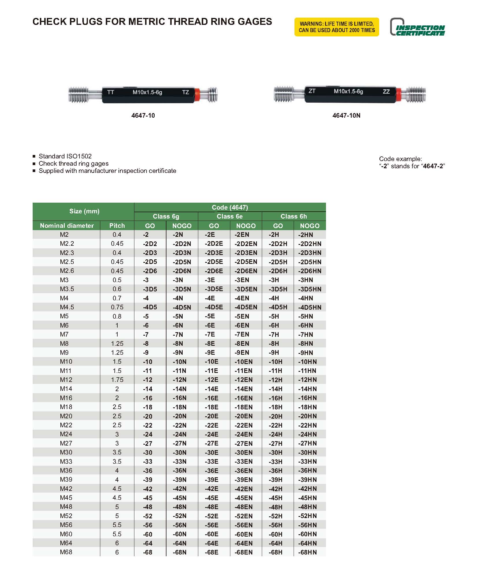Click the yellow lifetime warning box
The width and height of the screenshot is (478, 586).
click(336, 27)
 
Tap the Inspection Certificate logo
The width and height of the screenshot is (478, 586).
click(417, 27)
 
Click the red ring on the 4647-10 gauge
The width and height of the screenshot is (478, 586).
click(198, 95)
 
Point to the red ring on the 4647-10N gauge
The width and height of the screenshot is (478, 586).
click(399, 95)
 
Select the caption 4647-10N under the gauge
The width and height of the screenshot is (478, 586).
click(346, 116)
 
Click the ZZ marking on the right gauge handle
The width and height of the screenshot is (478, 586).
click(386, 92)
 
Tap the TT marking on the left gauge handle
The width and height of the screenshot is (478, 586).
click(110, 92)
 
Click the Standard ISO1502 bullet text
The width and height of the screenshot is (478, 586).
click(65, 156)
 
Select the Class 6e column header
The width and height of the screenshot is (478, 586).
click(230, 217)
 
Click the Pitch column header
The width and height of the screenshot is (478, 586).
click(117, 226)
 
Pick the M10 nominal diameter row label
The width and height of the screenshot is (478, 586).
click(66, 362)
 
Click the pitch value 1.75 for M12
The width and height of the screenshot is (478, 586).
click(117, 380)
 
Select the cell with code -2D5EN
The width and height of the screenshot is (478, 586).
click(246, 262)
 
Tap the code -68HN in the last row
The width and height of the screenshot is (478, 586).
click(307, 552)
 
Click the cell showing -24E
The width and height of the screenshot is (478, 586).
click(212, 434)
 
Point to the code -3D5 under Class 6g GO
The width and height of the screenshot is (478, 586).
click(150, 289)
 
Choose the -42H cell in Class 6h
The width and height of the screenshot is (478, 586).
click(275, 489)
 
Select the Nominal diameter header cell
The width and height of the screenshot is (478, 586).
click(67, 226)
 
